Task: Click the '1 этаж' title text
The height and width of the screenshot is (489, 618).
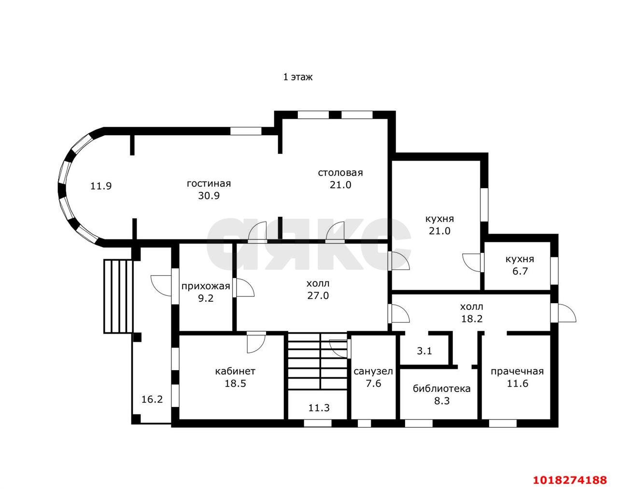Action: (x=298, y=77)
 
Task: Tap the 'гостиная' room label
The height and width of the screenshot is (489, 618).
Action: (x=209, y=183)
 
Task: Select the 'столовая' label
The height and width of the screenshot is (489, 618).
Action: (x=340, y=173)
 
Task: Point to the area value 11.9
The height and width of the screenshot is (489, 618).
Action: (x=101, y=186)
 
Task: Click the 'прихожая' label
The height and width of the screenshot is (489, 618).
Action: (x=206, y=286)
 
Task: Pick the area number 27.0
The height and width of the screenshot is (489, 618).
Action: (x=318, y=295)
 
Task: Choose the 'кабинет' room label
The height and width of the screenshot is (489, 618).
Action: (x=235, y=371)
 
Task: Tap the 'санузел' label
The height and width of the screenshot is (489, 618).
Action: (x=373, y=372)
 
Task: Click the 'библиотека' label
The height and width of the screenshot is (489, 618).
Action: (x=442, y=389)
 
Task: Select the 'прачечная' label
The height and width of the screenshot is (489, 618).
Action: (x=517, y=372)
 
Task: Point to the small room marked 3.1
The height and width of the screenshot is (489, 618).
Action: (x=424, y=351)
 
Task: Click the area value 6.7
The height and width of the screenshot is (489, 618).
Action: (x=520, y=271)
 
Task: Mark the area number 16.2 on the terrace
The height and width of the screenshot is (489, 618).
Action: (x=152, y=399)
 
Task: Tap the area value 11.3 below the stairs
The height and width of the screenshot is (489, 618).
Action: (x=319, y=408)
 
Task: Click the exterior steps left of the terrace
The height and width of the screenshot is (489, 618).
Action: (x=119, y=296)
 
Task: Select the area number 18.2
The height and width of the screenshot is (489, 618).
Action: (x=472, y=319)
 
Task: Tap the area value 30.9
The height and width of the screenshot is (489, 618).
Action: (x=209, y=196)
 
